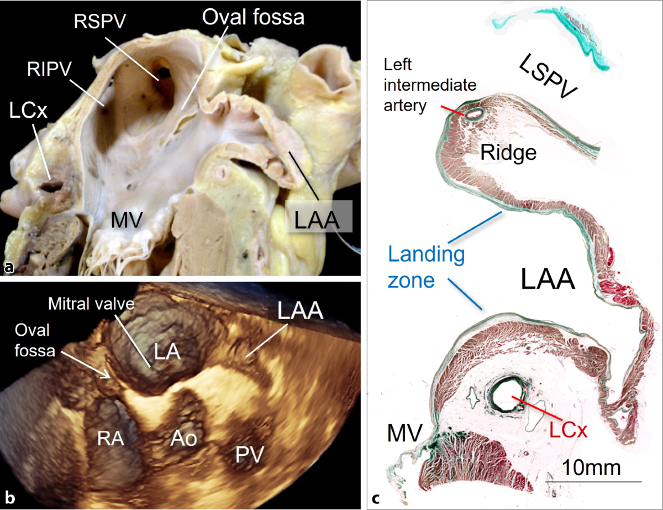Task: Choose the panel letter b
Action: (9, 501)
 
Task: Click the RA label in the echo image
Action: (110, 438)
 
